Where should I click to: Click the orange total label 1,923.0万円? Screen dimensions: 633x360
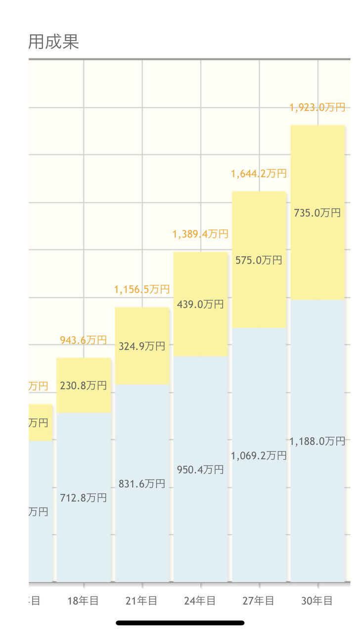point(317,107)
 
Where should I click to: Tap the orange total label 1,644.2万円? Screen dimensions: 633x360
point(259,174)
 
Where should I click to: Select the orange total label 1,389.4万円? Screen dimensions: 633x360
point(200,234)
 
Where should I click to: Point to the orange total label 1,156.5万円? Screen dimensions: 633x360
point(142,289)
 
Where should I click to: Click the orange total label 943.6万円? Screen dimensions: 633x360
point(83,340)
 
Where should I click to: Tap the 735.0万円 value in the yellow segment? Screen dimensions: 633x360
point(317,213)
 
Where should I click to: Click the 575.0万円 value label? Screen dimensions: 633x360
point(259,260)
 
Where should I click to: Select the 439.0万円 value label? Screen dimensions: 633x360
point(200,305)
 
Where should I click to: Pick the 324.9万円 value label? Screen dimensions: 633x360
point(142,346)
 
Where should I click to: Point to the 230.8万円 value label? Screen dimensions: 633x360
point(83,386)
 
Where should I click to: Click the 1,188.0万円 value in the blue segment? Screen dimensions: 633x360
point(317,441)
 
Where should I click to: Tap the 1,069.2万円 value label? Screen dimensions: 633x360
point(259,455)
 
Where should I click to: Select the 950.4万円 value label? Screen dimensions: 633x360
point(200,469)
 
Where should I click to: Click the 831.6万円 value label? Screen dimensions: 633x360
point(142,484)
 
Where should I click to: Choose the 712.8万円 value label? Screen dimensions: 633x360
point(83,498)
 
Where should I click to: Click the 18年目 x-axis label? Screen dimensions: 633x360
point(83,601)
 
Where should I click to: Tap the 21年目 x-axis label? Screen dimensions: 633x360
point(142,601)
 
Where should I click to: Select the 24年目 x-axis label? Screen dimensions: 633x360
point(200,601)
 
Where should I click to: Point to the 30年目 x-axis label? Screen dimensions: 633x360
point(317,601)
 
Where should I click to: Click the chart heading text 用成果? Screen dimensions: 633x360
point(53,42)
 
